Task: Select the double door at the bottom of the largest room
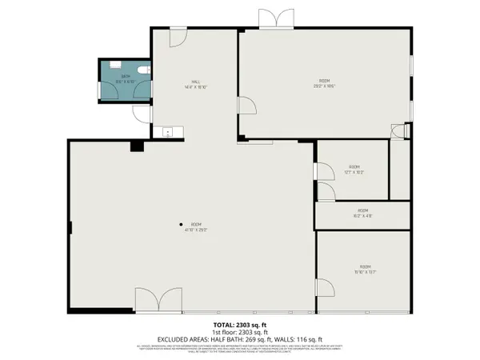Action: click(x=152, y=302)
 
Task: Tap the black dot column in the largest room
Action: click(x=181, y=224)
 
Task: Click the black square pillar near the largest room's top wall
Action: click(x=137, y=146)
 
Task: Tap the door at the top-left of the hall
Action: click(x=178, y=36)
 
